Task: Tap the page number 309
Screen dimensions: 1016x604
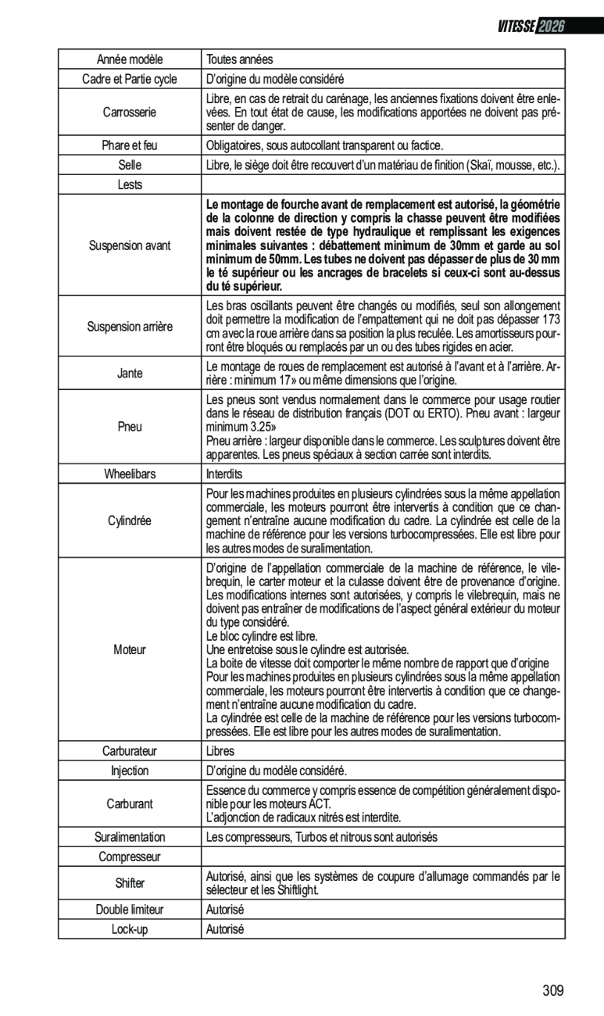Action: pyautogui.click(x=552, y=991)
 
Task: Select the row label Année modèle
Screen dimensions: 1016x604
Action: pyautogui.click(x=130, y=59)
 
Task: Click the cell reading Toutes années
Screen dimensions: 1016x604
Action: pyautogui.click(x=239, y=59)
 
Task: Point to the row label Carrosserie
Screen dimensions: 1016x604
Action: pyautogui.click(x=130, y=113)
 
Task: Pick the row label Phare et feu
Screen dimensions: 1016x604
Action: pyautogui.click(x=130, y=145)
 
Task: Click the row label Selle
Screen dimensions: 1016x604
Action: pyautogui.click(x=130, y=166)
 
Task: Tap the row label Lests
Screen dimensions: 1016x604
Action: pyautogui.click(x=130, y=185)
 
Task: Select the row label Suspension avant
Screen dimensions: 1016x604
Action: pyautogui.click(x=130, y=245)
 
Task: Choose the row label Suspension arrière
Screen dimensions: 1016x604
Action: pyautogui.click(x=130, y=326)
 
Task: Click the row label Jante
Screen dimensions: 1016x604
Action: pyautogui.click(x=130, y=373)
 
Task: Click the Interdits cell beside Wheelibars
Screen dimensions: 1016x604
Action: pyautogui.click(x=224, y=474)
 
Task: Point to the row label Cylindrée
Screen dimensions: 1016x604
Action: pyautogui.click(x=130, y=521)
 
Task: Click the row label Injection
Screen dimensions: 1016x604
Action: pyautogui.click(x=130, y=771)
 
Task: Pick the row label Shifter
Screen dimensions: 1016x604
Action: pyautogui.click(x=130, y=883)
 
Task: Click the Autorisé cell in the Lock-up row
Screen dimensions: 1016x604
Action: pyautogui.click(x=225, y=929)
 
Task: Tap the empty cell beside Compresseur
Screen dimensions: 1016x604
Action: pyautogui.click(x=383, y=857)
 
